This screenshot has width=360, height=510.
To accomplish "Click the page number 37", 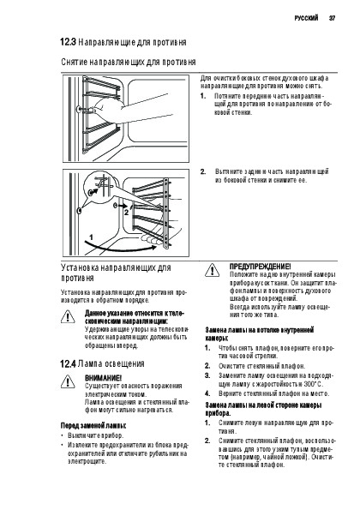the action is pyautogui.click(x=332, y=18).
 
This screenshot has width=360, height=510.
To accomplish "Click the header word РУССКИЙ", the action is pyautogui.click(x=306, y=18).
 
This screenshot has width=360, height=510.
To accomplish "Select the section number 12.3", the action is pyautogui.click(x=68, y=42).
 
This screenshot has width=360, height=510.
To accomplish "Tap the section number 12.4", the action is pyautogui.click(x=68, y=363).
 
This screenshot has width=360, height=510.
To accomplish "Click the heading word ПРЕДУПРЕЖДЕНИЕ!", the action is pyautogui.click(x=261, y=267).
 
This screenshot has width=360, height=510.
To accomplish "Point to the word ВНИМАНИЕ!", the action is pyautogui.click(x=103, y=378).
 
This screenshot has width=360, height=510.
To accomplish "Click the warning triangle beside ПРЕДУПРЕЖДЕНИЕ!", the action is pyautogui.click(x=212, y=271).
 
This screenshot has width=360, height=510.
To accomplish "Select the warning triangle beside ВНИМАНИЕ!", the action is pyautogui.click(x=68, y=381).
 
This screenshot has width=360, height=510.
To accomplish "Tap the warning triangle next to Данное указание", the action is pyautogui.click(x=68, y=317).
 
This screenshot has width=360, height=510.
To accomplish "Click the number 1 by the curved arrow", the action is pyautogui.click(x=92, y=237).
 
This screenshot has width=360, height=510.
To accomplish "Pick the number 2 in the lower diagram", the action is pyautogui.click(x=126, y=213).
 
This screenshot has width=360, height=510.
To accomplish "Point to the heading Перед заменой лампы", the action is pyautogui.click(x=93, y=425).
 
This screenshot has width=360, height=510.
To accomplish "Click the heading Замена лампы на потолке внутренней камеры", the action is pyautogui.click(x=259, y=334).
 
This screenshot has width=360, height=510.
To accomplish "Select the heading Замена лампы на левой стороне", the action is pyautogui.click(x=263, y=409).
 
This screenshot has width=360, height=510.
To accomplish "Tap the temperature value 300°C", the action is pyautogui.click(x=313, y=384).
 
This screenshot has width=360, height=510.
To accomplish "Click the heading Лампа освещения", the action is pyautogui.click(x=111, y=363).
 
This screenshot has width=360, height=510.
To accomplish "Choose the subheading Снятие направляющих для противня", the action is pyautogui.click(x=128, y=62).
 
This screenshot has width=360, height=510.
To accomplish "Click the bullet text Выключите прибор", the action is pyautogui.click(x=96, y=435).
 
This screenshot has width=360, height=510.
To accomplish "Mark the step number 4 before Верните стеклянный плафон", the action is pyautogui.click(x=207, y=393).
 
